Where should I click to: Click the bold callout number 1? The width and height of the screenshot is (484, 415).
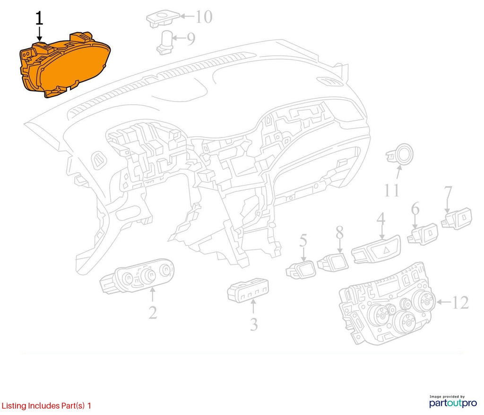(39, 18)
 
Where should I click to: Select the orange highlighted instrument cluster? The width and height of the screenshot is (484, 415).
(65, 64)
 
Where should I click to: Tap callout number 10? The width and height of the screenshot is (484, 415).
(204, 17)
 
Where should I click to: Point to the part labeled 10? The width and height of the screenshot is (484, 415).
(163, 18)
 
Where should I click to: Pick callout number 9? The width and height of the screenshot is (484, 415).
(191, 39)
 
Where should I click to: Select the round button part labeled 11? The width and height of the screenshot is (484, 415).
(400, 153)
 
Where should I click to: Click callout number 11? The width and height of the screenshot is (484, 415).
(391, 190)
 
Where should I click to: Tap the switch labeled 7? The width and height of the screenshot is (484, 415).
(457, 219)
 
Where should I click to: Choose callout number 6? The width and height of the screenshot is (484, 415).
(415, 209)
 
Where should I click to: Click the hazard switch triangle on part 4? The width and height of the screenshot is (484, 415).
(386, 250)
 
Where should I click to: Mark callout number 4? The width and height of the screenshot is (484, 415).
(381, 219)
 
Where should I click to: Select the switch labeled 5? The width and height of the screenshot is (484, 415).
(301, 269)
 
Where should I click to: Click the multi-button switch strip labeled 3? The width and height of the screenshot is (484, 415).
(248, 290)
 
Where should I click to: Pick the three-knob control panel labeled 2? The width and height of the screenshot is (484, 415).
(137, 275)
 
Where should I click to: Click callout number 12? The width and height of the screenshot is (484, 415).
(460, 303)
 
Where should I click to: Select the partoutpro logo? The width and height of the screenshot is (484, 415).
(453, 403)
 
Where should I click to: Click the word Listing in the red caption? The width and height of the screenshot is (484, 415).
(14, 406)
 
